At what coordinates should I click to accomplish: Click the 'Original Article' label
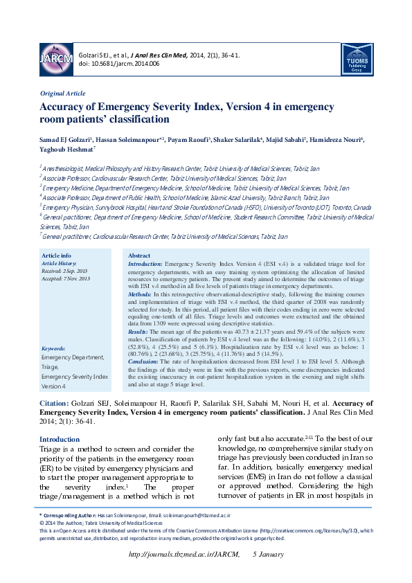[x=62, y=93]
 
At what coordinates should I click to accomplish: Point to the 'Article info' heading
[x=57, y=255]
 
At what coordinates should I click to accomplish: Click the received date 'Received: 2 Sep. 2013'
[x=65, y=270]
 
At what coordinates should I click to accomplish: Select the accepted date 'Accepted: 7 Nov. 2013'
[x=66, y=278]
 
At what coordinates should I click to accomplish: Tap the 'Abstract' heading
[x=140, y=255]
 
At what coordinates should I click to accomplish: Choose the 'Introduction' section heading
[x=60, y=439]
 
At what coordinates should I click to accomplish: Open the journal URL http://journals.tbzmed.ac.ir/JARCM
[x=185, y=555]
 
